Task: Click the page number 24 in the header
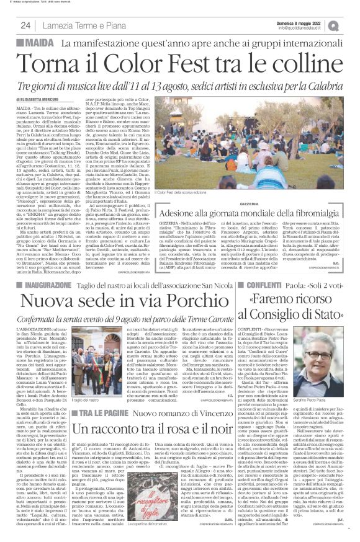tap(25, 25)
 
